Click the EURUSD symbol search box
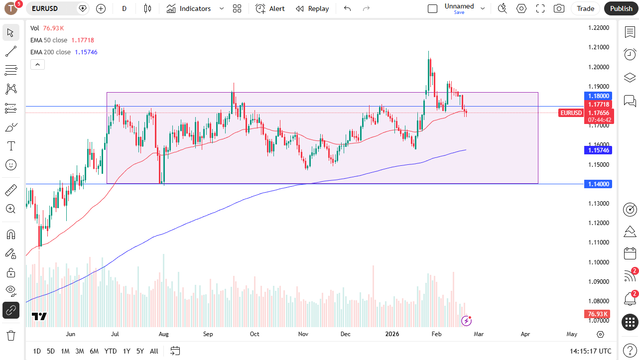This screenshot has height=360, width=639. point(51,8)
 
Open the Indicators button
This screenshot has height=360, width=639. point(189,8)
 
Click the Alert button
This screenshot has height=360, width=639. point(270,8)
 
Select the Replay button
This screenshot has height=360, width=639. point(312,8)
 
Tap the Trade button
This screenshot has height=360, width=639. point(585,8)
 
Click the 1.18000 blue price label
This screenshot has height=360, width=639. point(598,96)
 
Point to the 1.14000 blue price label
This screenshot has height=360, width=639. point(598,184)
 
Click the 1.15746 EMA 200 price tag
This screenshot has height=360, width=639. point(598,150)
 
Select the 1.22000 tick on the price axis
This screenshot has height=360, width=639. point(599,28)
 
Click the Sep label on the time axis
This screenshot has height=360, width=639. point(208,334)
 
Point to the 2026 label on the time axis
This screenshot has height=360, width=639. point(392,334)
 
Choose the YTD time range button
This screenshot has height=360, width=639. point(111,351)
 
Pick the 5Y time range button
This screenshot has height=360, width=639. point(140,351)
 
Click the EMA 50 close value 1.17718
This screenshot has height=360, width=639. point(83,40)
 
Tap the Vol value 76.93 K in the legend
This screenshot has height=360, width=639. point(53,28)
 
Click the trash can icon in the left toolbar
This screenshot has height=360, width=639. point(11,336)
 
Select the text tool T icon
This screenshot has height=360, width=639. point(11,146)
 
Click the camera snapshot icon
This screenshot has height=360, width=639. point(559,8)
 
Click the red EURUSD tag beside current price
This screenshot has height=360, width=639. point(571,113)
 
